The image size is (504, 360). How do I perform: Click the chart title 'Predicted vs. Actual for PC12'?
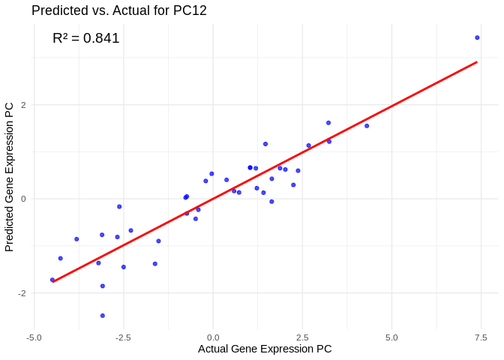tap(119, 10)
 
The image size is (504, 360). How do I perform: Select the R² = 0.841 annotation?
tap(86, 38)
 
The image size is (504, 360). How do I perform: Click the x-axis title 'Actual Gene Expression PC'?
tap(265, 349)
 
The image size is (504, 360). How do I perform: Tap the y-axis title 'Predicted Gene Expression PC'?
tap(10, 176)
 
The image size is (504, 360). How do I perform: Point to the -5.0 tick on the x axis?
tap(34, 337)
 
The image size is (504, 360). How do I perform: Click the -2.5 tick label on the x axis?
tap(123, 337)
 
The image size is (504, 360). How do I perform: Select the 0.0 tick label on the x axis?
tap(213, 337)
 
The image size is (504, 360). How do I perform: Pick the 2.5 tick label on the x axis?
tap(302, 337)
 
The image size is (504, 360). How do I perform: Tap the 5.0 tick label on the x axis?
tap(391, 337)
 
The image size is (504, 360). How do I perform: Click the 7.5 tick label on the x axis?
tap(481, 337)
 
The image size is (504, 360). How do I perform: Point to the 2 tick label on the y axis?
tap(23, 105)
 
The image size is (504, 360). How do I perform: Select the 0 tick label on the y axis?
tap(23, 199)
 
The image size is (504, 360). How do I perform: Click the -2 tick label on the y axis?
tap(22, 293)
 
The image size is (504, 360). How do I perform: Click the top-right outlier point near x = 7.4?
tap(477, 37)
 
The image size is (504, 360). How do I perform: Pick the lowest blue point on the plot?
tap(103, 316)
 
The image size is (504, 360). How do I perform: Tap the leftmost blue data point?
tap(52, 280)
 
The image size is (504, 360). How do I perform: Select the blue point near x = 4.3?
tap(367, 126)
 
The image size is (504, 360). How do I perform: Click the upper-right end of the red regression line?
tap(477, 62)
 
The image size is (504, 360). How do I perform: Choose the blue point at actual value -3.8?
tap(76, 239)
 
